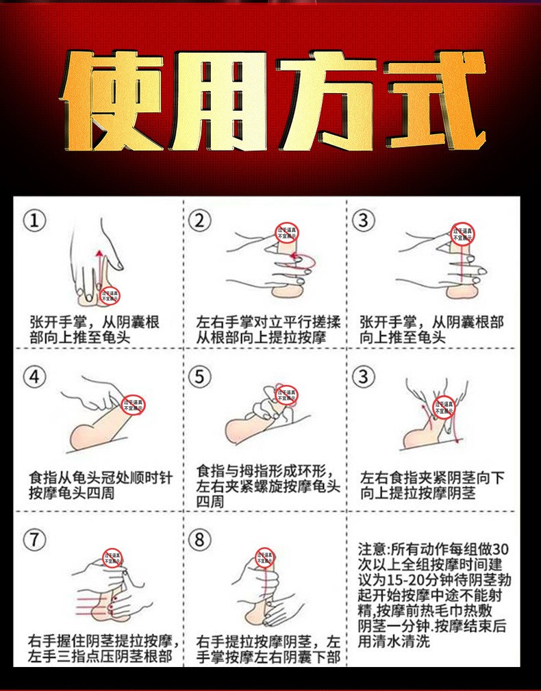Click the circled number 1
pos(34,221)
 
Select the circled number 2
pos(199,221)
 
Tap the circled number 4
pos(34,377)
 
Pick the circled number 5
pos(199,377)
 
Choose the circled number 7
pos(34,540)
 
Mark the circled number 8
pos(199,540)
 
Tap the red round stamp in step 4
pos(132,404)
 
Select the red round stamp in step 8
pos(264,557)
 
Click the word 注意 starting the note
pos(372,549)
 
